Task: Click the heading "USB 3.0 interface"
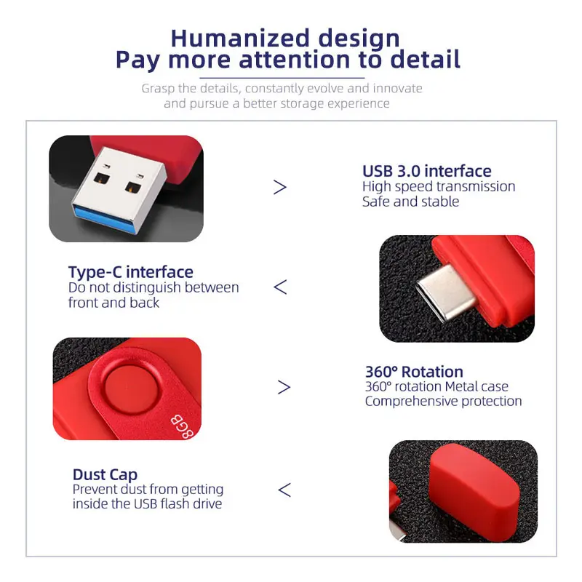(x=427, y=172)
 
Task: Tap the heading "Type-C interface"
(x=131, y=272)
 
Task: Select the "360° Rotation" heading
(x=414, y=372)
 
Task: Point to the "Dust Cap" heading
(x=105, y=475)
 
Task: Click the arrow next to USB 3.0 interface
(x=280, y=188)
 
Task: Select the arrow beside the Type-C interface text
(x=280, y=287)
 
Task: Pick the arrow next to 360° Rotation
(x=284, y=387)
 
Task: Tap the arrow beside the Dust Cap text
(x=284, y=490)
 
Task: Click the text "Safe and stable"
(x=410, y=202)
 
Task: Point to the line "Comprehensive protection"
(x=443, y=402)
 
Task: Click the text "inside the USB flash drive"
(x=147, y=504)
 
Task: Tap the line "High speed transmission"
(x=439, y=187)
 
